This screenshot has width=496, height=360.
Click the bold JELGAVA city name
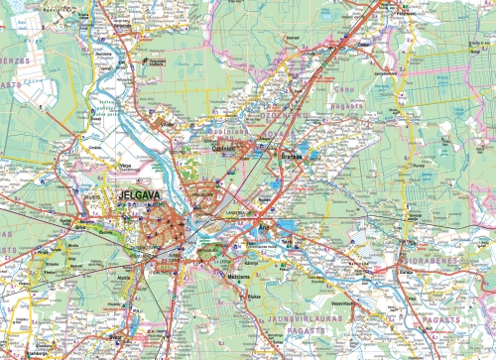pos(138,196)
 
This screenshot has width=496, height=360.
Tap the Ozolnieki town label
pos(223,149)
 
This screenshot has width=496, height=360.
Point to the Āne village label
pos(265,226)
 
